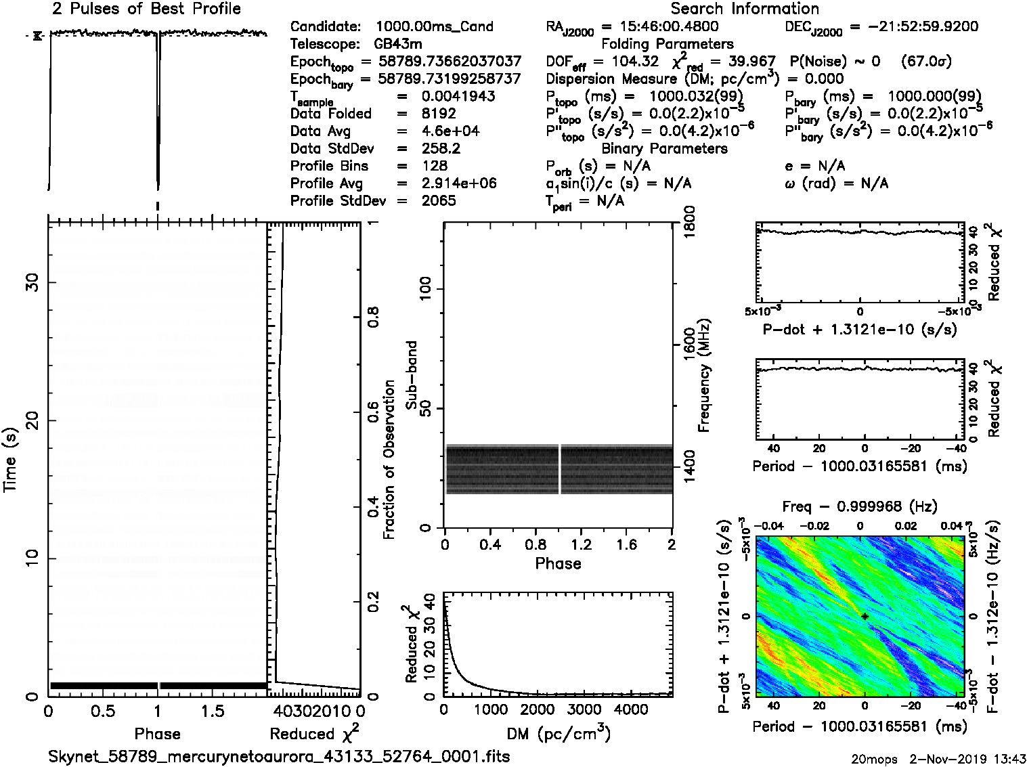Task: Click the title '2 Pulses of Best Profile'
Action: [x=146, y=9]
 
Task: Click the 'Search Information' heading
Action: [x=744, y=9]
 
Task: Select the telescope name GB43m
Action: [x=398, y=44]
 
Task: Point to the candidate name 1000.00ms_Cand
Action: [x=434, y=26]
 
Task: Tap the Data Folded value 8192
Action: [x=438, y=114]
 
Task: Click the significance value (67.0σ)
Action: [x=925, y=62]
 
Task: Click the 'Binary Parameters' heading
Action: [x=664, y=148]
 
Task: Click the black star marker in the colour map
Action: [x=865, y=616]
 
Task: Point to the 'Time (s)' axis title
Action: [x=11, y=460]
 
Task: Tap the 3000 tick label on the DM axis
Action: [x=584, y=709]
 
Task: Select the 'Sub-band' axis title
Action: [x=411, y=374]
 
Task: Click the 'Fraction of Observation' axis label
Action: [x=389, y=460]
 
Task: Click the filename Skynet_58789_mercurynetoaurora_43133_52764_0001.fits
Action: [x=279, y=755]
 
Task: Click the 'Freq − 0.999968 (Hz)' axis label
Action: [x=859, y=506]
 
